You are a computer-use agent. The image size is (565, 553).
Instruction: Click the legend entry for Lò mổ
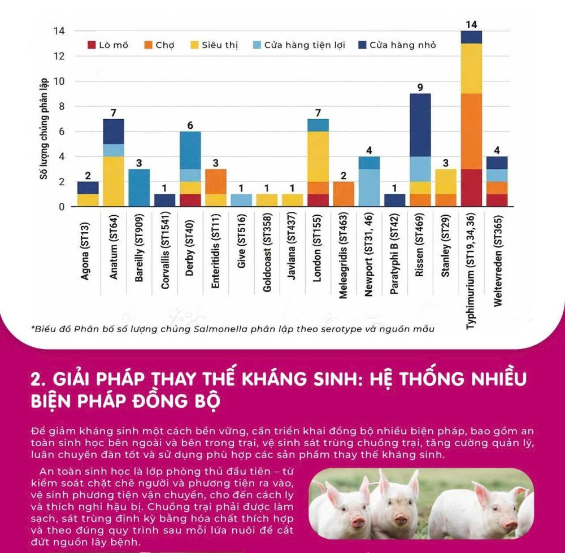[x=107, y=45]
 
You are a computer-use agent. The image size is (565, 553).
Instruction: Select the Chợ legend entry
[x=160, y=45]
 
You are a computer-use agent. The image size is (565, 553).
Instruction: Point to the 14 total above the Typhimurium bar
[x=472, y=24]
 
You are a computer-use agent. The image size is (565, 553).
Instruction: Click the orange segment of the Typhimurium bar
[x=472, y=131]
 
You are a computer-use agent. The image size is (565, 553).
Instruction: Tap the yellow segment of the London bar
[x=318, y=156]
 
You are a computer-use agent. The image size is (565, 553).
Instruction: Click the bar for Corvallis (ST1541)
[x=164, y=201]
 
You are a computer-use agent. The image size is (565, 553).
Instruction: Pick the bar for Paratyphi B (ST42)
[x=395, y=201]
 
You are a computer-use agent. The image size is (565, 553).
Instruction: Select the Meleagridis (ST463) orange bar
[x=344, y=194]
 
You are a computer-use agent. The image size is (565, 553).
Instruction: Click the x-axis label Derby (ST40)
[x=190, y=252]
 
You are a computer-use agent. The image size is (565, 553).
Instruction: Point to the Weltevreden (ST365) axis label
[x=498, y=260]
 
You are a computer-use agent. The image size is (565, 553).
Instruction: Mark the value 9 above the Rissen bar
[x=420, y=88]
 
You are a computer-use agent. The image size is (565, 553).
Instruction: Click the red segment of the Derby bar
[x=190, y=201]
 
